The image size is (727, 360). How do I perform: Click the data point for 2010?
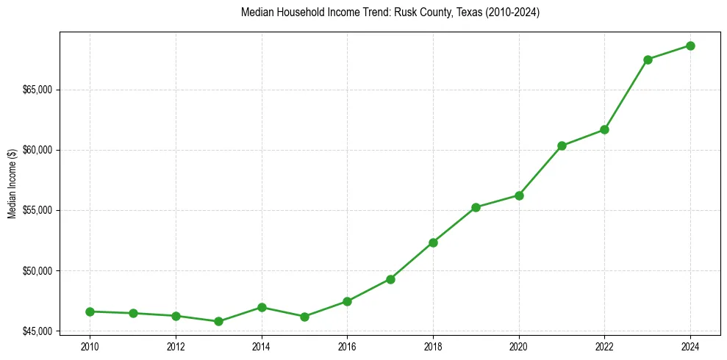click(x=90, y=312)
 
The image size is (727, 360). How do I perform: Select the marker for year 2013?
click(x=218, y=321)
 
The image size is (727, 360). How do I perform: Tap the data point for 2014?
click(x=262, y=307)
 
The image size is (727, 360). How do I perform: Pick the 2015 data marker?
click(x=304, y=317)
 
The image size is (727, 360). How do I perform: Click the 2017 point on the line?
click(x=390, y=279)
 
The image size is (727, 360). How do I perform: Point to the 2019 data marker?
click(x=476, y=207)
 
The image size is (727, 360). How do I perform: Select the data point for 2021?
click(x=562, y=145)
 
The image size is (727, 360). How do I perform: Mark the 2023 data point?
click(x=648, y=60)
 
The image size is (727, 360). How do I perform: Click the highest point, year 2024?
click(x=690, y=46)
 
